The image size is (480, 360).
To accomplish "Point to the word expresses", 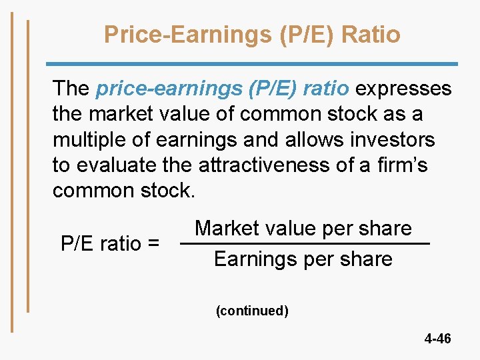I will click(405, 89).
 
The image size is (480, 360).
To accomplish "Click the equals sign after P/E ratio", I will click(153, 244).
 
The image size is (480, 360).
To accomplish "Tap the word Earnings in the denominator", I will click(255, 259).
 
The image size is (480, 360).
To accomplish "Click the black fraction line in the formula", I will click(305, 245).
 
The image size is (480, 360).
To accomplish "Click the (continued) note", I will click(252, 311).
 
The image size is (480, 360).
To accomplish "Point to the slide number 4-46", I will click(437, 339).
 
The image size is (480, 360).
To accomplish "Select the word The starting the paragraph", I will click(71, 89).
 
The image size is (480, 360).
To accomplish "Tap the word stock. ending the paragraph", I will click(167, 190).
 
